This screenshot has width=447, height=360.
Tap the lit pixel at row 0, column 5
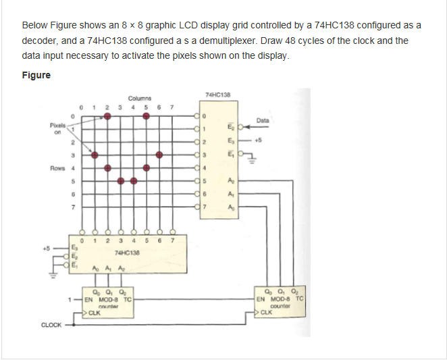(147, 116)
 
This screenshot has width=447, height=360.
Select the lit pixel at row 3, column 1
(95, 155)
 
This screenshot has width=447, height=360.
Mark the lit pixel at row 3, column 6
(159, 155)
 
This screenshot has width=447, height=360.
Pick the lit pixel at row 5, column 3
(121, 180)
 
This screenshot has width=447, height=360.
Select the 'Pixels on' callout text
(57, 129)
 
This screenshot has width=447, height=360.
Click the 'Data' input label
(263, 120)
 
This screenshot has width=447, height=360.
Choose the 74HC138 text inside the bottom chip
(126, 252)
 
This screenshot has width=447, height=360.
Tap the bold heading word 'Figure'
(36, 74)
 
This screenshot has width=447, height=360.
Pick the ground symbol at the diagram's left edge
(54, 277)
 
